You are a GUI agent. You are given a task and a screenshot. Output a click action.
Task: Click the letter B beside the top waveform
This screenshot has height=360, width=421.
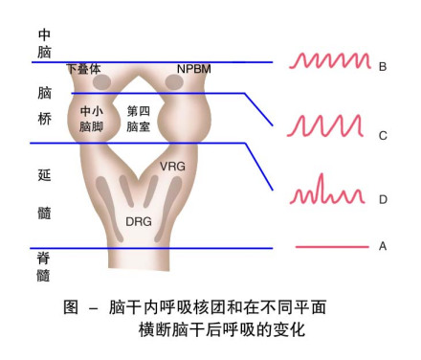pyautogui.click(x=383, y=67)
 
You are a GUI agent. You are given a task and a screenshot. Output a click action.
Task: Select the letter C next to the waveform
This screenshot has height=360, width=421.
pyautogui.click(x=383, y=135)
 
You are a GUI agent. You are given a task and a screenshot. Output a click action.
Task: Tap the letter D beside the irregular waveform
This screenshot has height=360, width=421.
pyautogui.click(x=383, y=200)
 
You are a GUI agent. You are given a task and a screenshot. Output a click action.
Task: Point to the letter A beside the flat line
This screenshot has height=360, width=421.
pyautogui.click(x=383, y=246)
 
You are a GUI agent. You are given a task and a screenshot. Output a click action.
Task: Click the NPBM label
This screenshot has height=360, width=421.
pyautogui.click(x=196, y=70)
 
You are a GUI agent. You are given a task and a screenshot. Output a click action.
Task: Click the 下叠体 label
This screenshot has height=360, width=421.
pyautogui.click(x=84, y=70)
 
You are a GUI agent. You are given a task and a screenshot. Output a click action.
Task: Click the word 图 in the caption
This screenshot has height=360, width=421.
pyautogui.click(x=71, y=308)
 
